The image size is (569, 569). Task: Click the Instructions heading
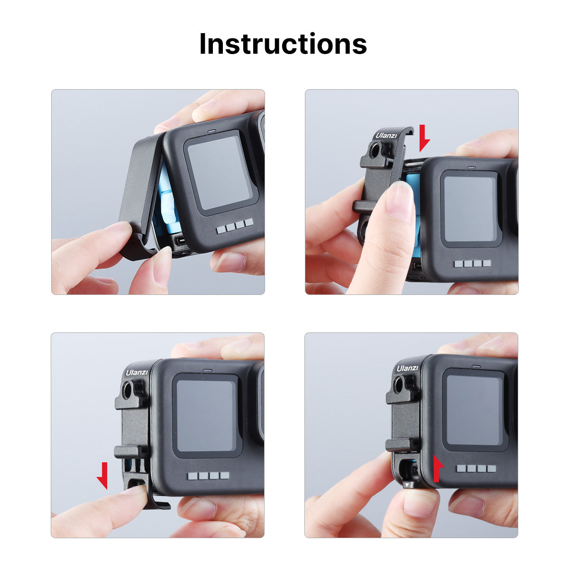click(283, 44)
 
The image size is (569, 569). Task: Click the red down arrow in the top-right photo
click(424, 138)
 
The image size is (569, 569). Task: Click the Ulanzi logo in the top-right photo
click(386, 136)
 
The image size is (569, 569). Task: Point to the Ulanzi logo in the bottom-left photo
click(137, 373)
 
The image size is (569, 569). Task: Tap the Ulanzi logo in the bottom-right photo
click(407, 368)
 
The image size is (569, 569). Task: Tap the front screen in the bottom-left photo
click(206, 415)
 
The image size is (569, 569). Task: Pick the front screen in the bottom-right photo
click(474, 410)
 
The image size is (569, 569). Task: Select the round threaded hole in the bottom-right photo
click(399, 385)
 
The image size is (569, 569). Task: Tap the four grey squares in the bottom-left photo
click(209, 476)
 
